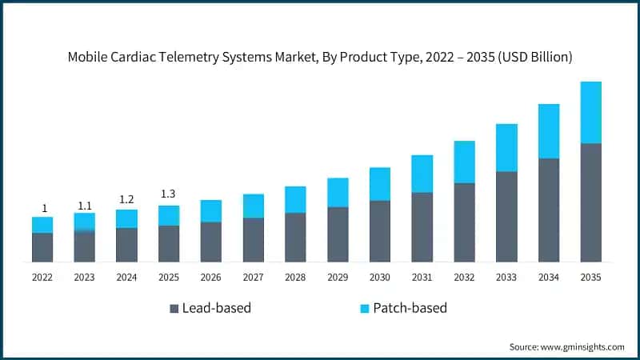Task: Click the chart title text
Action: coord(320,57)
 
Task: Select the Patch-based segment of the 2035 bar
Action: coord(591,112)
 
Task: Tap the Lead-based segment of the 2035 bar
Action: coord(591,202)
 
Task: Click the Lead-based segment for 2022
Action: coord(42,247)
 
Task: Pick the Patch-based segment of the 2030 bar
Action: coord(380,184)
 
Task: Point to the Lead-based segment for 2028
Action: coord(295,237)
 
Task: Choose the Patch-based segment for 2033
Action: coord(506,148)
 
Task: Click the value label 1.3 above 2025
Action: coord(169,194)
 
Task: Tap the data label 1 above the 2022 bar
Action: coord(44,208)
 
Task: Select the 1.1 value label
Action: coord(85,205)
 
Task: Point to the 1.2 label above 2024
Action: coord(126,199)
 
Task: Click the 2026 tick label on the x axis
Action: coord(211,277)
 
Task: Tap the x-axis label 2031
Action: coord(422,277)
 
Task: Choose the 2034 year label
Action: coord(549,277)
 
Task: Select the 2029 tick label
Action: coord(338,277)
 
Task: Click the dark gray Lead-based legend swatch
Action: coord(174,309)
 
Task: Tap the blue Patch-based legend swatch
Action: coord(365,309)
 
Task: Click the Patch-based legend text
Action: coord(411,308)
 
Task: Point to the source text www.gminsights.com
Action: coord(582,346)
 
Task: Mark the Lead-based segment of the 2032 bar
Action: coord(464,222)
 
